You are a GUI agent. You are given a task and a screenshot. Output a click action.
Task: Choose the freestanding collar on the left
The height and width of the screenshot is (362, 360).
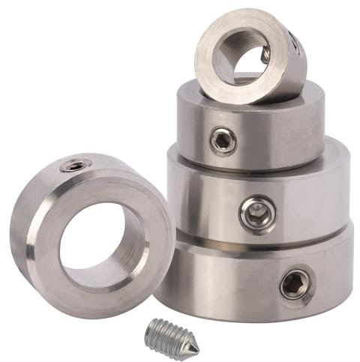click(x=90, y=232)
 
